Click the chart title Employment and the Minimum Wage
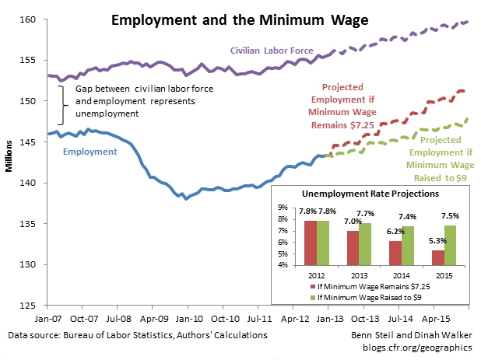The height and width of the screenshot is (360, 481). tap(239, 17)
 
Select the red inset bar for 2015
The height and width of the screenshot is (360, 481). tap(416, 257)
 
